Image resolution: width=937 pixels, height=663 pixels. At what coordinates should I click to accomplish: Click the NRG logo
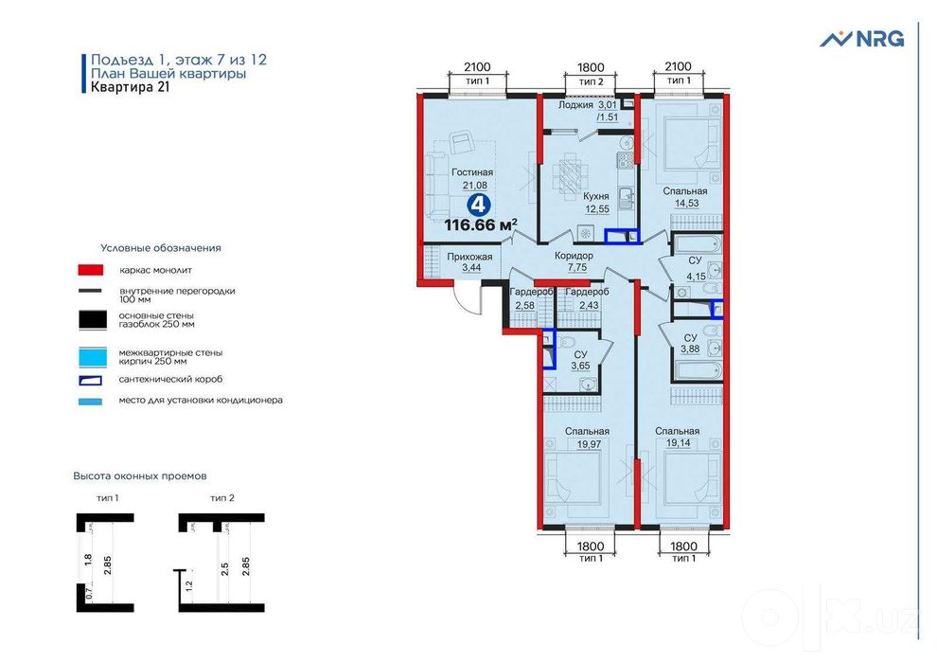pos(861,39)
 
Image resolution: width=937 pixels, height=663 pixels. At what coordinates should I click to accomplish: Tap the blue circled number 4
pos(479,205)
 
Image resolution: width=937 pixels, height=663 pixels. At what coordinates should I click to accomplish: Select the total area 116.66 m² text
pos(481,224)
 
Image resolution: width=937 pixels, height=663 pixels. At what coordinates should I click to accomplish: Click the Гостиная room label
pos(472,172)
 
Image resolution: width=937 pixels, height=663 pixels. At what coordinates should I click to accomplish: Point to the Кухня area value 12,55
pos(597,208)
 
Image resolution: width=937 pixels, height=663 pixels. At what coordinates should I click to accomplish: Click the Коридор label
pos(574,256)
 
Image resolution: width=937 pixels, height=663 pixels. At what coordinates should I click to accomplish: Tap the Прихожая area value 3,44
pos(471,268)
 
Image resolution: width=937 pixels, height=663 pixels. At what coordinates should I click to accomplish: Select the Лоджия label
pos(575,104)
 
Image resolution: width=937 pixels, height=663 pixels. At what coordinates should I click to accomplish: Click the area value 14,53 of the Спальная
pos(686,204)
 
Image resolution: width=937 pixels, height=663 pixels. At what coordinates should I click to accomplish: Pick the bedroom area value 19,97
pos(589,444)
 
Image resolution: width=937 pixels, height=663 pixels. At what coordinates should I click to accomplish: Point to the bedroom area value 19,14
pos(679,443)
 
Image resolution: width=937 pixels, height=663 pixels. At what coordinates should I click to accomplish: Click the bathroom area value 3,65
pos(580,367)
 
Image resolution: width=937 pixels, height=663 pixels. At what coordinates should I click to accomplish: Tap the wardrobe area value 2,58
pos(524,305)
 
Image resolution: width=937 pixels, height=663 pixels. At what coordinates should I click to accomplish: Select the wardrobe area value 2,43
pos(589,305)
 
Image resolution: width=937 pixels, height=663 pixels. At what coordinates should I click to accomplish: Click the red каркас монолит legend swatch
pos(91,270)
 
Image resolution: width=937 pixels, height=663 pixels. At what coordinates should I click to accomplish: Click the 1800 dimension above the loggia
pos(591,67)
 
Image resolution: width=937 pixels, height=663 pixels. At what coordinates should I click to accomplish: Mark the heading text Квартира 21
pos(131,87)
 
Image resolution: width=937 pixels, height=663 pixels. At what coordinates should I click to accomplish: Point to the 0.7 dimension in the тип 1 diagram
pos(88,594)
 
